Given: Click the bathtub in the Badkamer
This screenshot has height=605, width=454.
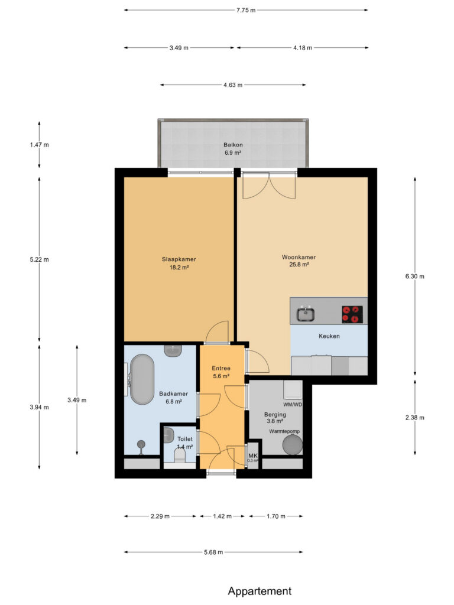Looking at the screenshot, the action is tap(142, 379).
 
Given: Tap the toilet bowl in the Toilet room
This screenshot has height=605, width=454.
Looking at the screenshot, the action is tap(180, 457).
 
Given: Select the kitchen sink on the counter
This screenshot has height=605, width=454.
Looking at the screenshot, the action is tap(306, 313).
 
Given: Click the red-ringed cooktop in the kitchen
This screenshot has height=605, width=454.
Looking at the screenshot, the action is tap(352, 314).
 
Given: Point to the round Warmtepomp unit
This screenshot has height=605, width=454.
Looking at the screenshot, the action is tap(292, 444).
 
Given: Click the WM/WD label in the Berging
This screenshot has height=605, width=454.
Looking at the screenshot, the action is tap(293, 404).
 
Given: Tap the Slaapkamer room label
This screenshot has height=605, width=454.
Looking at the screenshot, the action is tap(179, 259).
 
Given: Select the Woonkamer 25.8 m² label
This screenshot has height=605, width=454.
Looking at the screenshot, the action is tap(299, 261).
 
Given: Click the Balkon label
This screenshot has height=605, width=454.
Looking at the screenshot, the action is tap(233, 145).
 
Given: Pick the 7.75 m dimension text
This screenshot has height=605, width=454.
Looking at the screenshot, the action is tap(246, 11).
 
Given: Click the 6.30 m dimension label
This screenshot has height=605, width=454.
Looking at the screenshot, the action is tap(414, 277).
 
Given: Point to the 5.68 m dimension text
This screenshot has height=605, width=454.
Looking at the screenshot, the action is tap(213, 552).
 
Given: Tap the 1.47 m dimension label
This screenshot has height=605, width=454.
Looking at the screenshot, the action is tap(40, 145).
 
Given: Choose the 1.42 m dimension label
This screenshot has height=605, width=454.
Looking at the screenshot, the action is tap(222, 516).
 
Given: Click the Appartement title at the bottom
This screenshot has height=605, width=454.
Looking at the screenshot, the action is tap(260, 591).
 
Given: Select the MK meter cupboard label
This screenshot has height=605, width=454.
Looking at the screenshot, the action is tap(253, 456).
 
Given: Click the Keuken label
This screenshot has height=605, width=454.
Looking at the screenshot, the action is tap(329, 336).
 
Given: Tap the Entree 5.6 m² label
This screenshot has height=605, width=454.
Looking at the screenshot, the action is tap(221, 372).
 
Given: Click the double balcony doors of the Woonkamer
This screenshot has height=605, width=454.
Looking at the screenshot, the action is tap(269, 186).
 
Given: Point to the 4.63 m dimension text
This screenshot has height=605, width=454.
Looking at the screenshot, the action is tap(233, 85).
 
